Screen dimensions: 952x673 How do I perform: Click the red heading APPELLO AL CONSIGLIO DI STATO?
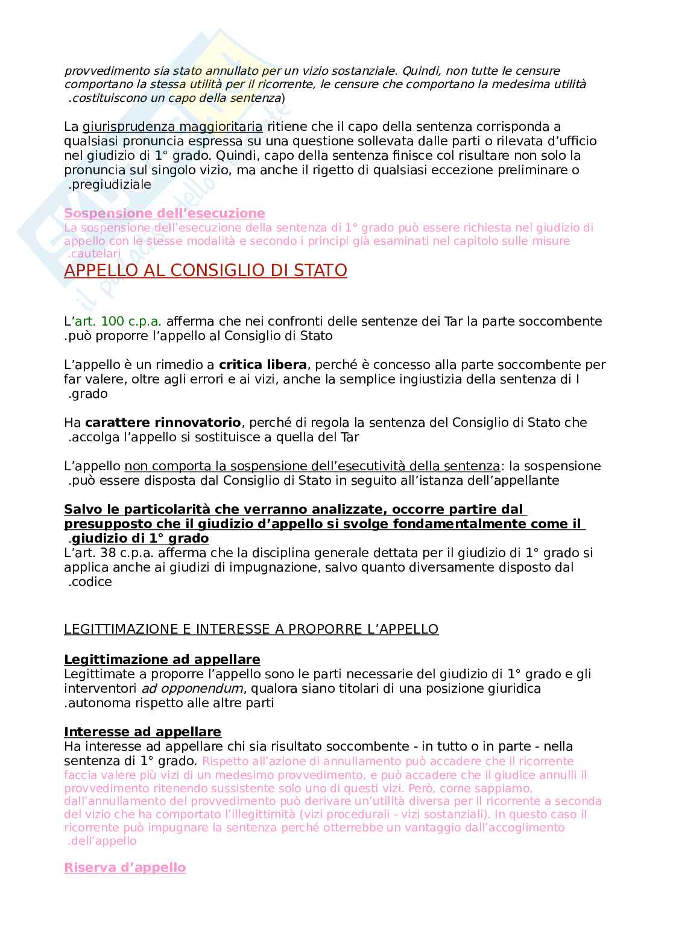pos(206,271)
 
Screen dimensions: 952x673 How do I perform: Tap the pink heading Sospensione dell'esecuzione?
pos(164,213)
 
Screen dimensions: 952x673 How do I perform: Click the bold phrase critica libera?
pos(263,365)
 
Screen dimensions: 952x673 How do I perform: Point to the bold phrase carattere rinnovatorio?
pos(163,423)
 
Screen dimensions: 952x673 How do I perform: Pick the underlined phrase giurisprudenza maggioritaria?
pos(172,127)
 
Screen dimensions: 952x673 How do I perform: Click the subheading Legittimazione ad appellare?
pos(162,660)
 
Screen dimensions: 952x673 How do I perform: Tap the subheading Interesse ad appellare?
pos(142,732)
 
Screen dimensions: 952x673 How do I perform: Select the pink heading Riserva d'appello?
pos(125,868)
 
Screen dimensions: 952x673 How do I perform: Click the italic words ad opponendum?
pos(192,689)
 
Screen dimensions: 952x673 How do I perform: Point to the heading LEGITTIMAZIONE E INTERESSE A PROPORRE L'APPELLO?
pos(251,629)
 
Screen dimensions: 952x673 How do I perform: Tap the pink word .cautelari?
pos(93,254)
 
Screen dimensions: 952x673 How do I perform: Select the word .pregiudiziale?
pos(109,184)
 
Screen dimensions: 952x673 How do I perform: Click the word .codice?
pos(90,582)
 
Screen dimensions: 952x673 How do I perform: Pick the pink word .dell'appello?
pos(101,840)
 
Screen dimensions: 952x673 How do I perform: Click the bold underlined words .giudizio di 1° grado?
pos(139,538)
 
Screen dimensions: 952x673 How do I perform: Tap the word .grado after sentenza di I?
pos(87,394)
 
